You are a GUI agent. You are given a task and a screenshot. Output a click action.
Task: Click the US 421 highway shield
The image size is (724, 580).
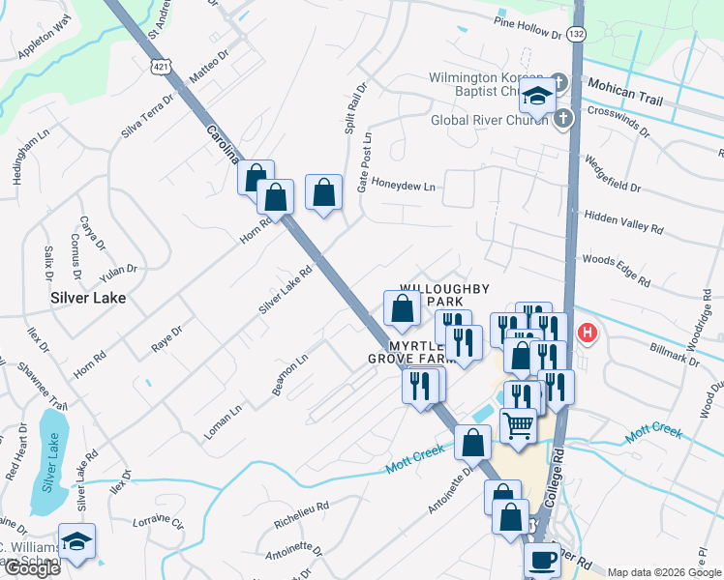[161, 65]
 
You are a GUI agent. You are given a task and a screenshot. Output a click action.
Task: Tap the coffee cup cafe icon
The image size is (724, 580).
[542, 560]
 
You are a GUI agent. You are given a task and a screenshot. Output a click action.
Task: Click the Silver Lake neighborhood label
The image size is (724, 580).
[88, 299]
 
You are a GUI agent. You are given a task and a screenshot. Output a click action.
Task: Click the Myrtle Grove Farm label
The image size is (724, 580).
[410, 352]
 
